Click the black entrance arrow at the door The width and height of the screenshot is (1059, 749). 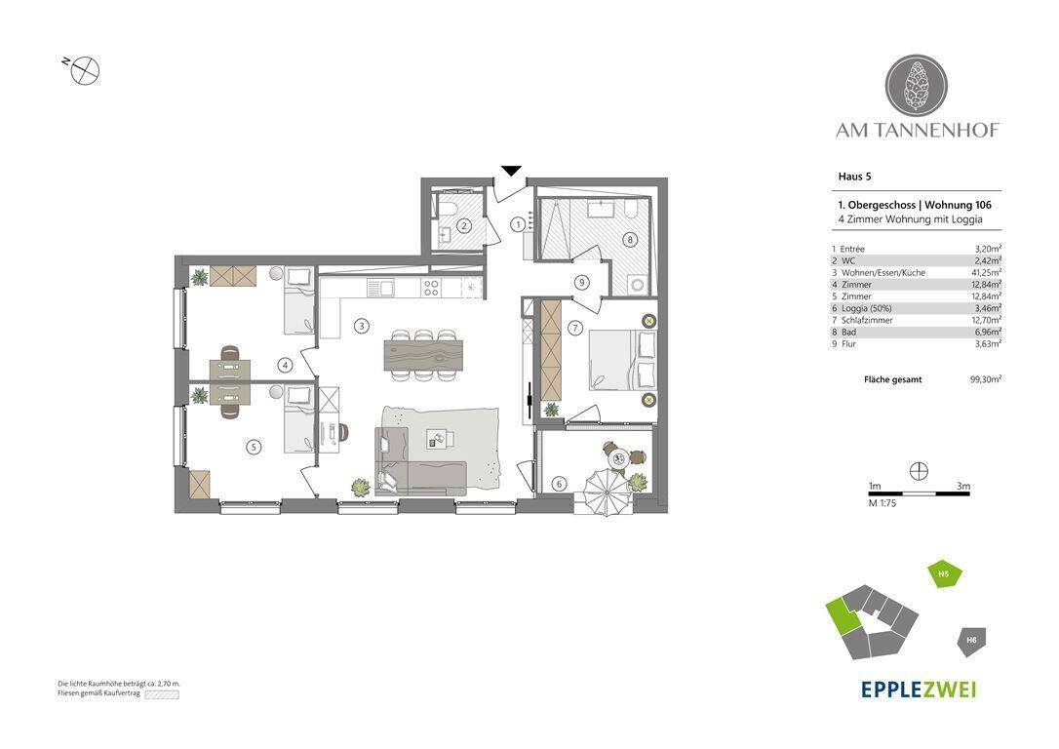tap(513, 171)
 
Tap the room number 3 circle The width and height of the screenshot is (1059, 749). tap(362, 326)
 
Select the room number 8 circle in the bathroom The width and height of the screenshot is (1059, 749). tap(630, 239)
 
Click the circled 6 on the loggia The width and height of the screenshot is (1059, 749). tap(559, 484)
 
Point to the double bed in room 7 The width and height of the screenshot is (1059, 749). tap(622, 360)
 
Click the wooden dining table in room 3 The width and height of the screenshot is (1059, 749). tap(424, 355)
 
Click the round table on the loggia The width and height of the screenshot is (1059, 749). tap(618, 458)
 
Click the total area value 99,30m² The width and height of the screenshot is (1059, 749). tap(986, 379)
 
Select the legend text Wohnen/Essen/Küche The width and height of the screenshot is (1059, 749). tap(883, 273)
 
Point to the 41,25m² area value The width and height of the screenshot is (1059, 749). tap(986, 273)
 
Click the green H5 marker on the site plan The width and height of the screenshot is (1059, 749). tap(945, 574)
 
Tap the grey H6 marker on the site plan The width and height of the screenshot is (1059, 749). tap(972, 640)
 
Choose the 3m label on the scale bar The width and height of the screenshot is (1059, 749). tap(963, 487)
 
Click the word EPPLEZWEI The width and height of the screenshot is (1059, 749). tap(919, 689)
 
